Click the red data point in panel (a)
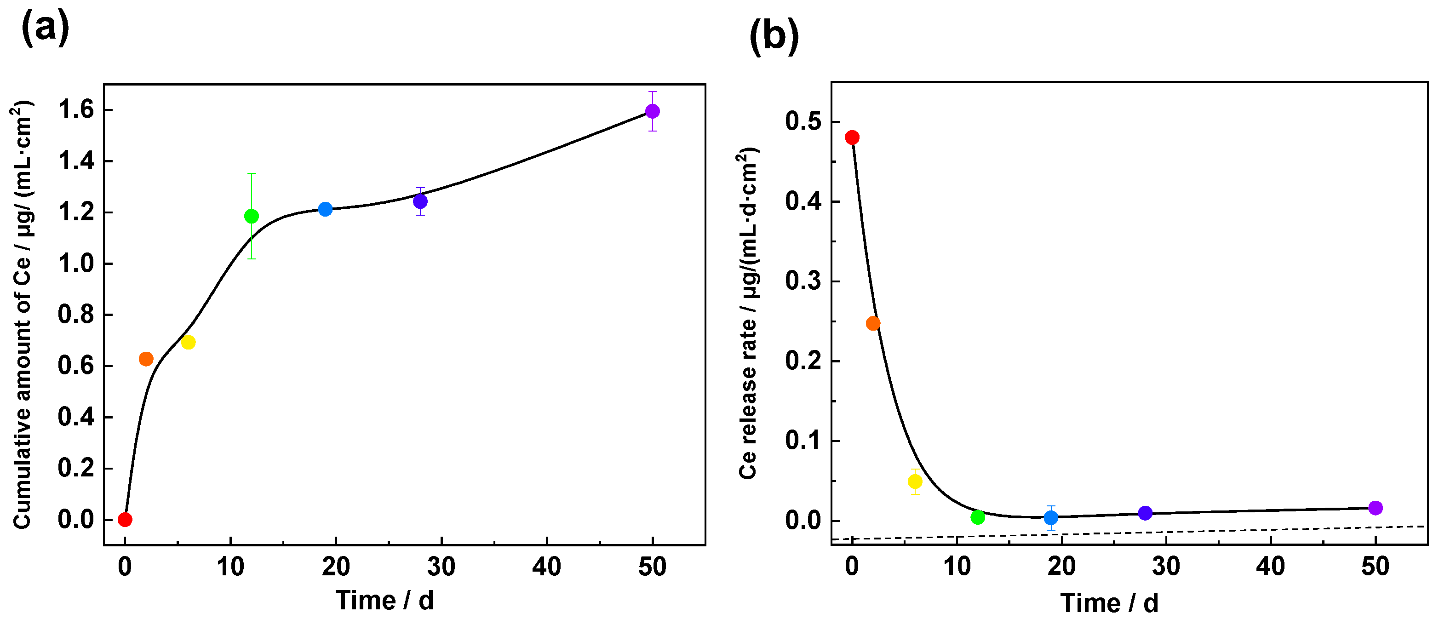click(x=125, y=520)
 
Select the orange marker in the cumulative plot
click(x=146, y=359)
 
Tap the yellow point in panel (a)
click(x=188, y=342)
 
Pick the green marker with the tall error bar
click(x=252, y=216)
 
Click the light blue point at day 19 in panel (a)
click(x=325, y=209)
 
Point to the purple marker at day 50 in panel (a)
click(x=653, y=111)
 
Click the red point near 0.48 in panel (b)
click(x=852, y=138)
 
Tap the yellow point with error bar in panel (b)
click(x=915, y=481)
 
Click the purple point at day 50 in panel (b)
click(x=1376, y=508)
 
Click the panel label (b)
click(x=774, y=36)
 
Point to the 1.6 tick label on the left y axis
click(x=76, y=110)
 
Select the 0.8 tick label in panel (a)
click(x=76, y=315)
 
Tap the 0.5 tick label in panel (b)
click(x=803, y=122)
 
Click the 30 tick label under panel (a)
click(x=441, y=567)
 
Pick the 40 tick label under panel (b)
click(x=1271, y=567)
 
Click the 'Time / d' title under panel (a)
click(x=384, y=601)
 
